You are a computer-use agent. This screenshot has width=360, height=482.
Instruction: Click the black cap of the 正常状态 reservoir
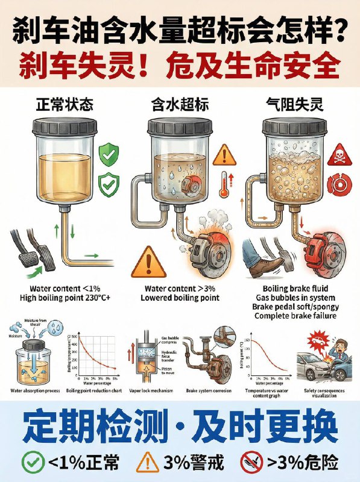point(64,128)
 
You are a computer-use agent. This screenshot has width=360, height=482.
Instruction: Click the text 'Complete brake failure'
point(295,315)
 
